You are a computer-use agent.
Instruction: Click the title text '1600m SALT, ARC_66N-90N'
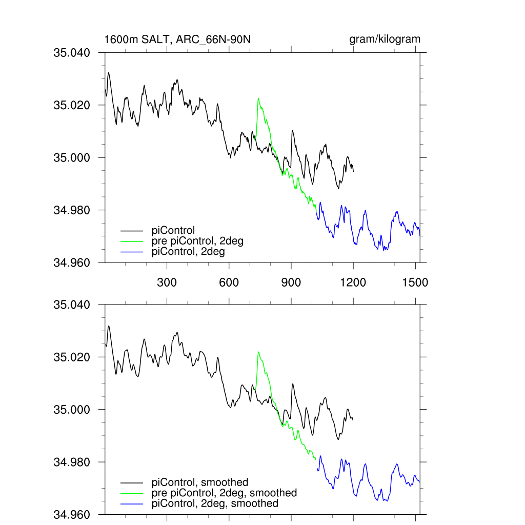click(x=177, y=39)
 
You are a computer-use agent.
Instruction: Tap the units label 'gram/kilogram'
click(x=385, y=39)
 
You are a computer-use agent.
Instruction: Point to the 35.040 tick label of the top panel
click(x=72, y=52)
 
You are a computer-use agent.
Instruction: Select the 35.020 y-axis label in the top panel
click(x=72, y=105)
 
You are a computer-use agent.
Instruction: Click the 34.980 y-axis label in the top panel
click(x=72, y=210)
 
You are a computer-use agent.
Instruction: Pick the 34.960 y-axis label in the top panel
click(x=72, y=262)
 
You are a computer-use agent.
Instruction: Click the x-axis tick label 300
click(x=167, y=282)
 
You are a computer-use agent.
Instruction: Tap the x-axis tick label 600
click(x=229, y=282)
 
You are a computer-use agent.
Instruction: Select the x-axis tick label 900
click(x=291, y=282)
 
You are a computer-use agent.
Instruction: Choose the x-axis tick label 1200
click(x=353, y=282)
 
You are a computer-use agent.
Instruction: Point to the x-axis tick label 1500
click(x=415, y=282)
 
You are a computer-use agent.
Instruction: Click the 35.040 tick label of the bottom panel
click(x=72, y=305)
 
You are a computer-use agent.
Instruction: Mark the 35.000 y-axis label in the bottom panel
click(x=72, y=410)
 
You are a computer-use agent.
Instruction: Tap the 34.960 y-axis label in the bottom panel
click(x=72, y=514)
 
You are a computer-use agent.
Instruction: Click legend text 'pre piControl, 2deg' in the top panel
click(x=197, y=241)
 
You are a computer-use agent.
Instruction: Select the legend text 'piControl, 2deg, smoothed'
click(x=215, y=503)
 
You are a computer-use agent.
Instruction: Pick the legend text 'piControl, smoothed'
click(x=200, y=482)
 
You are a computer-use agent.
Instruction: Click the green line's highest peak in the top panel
click(x=258, y=98)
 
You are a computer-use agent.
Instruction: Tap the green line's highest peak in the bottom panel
click(x=258, y=352)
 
